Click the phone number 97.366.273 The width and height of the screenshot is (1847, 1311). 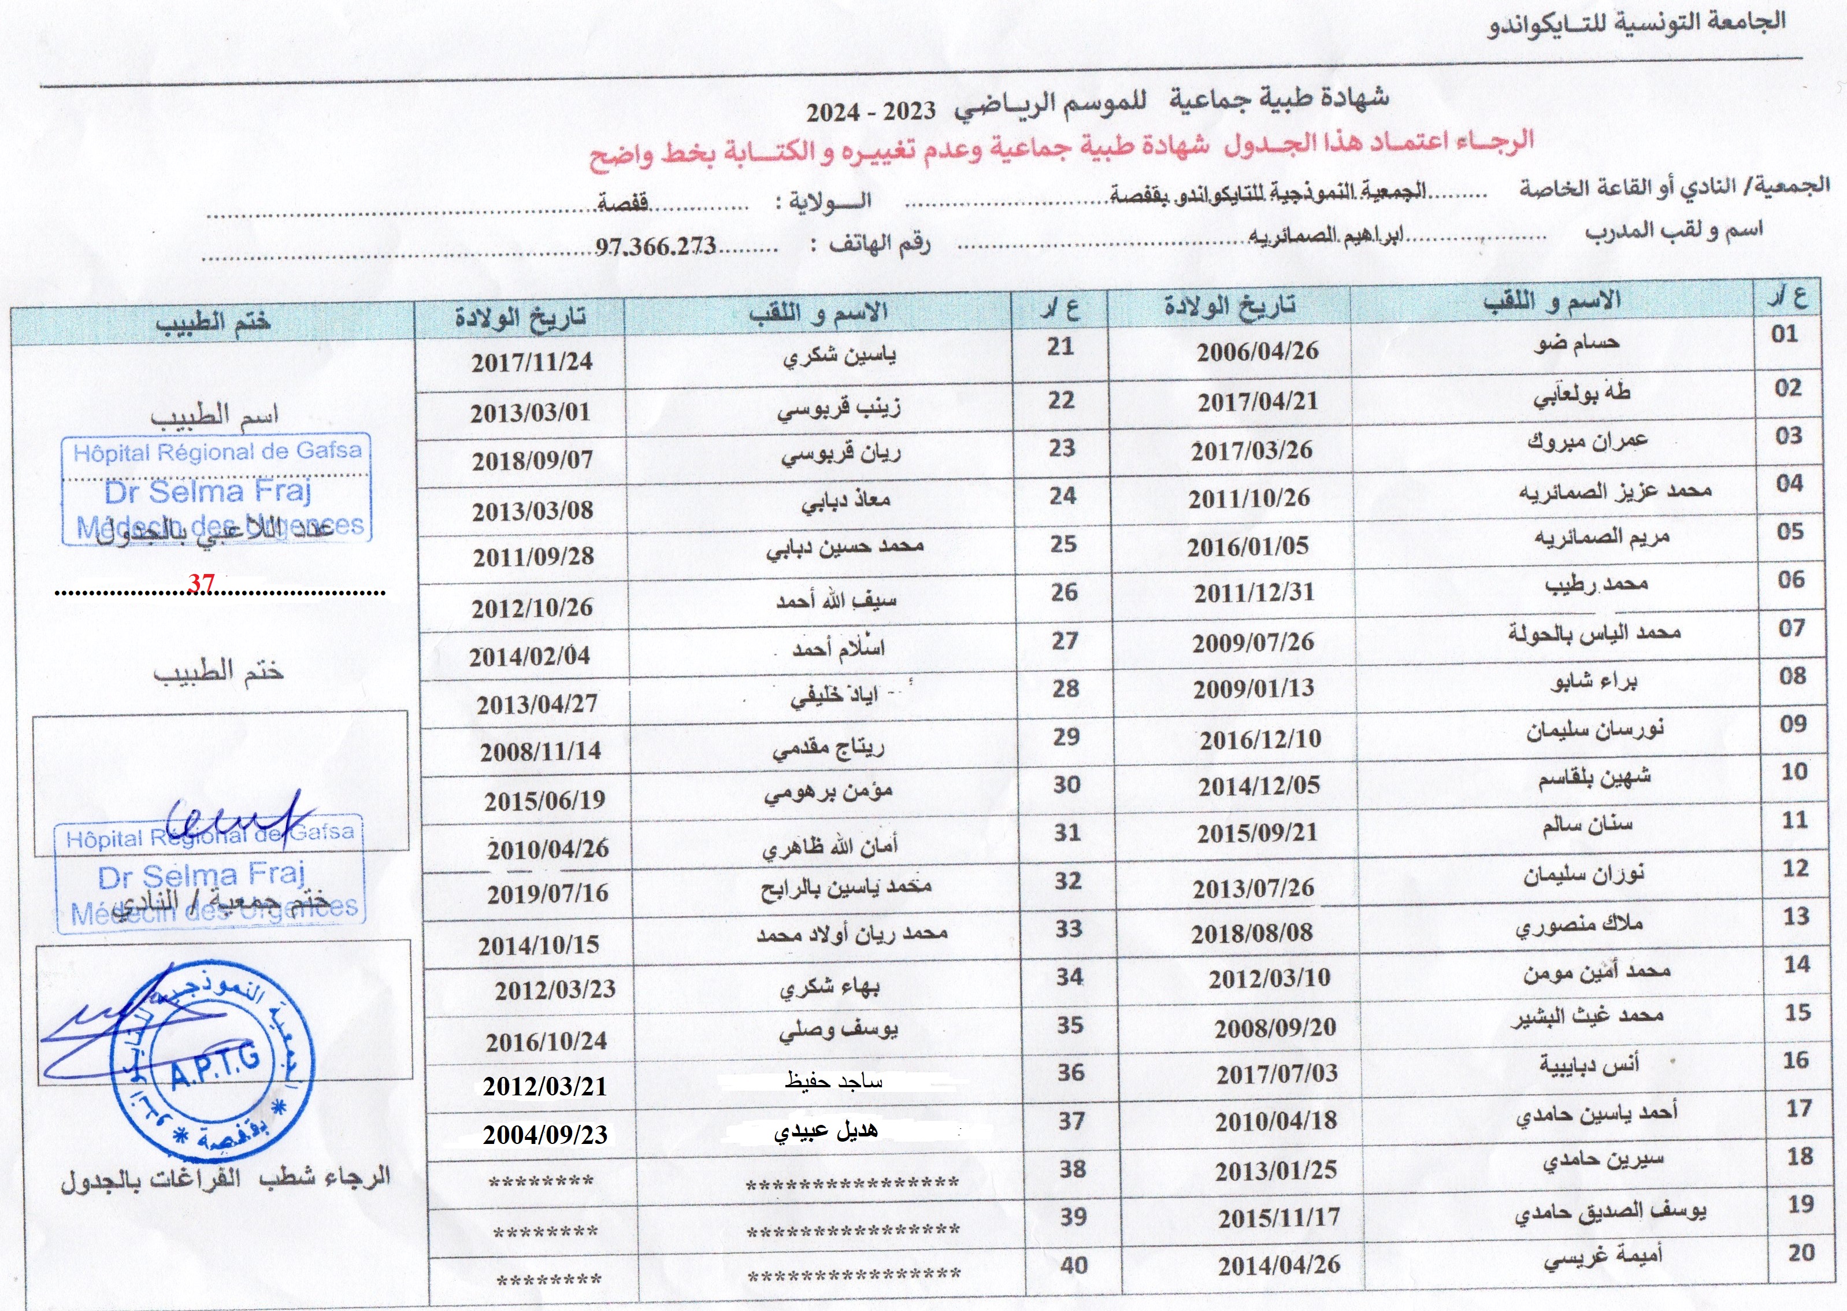655,246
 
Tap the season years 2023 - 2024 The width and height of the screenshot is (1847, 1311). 871,112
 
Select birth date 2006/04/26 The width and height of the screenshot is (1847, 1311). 1257,351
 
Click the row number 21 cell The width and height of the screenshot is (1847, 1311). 1060,347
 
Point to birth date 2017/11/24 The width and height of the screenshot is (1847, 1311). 532,362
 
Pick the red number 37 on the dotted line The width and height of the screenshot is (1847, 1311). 201,583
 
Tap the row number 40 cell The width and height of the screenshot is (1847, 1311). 1073,1264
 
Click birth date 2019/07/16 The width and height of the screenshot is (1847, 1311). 547,894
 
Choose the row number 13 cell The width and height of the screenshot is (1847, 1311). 1796,916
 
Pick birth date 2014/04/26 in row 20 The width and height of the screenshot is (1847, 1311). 1279,1265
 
